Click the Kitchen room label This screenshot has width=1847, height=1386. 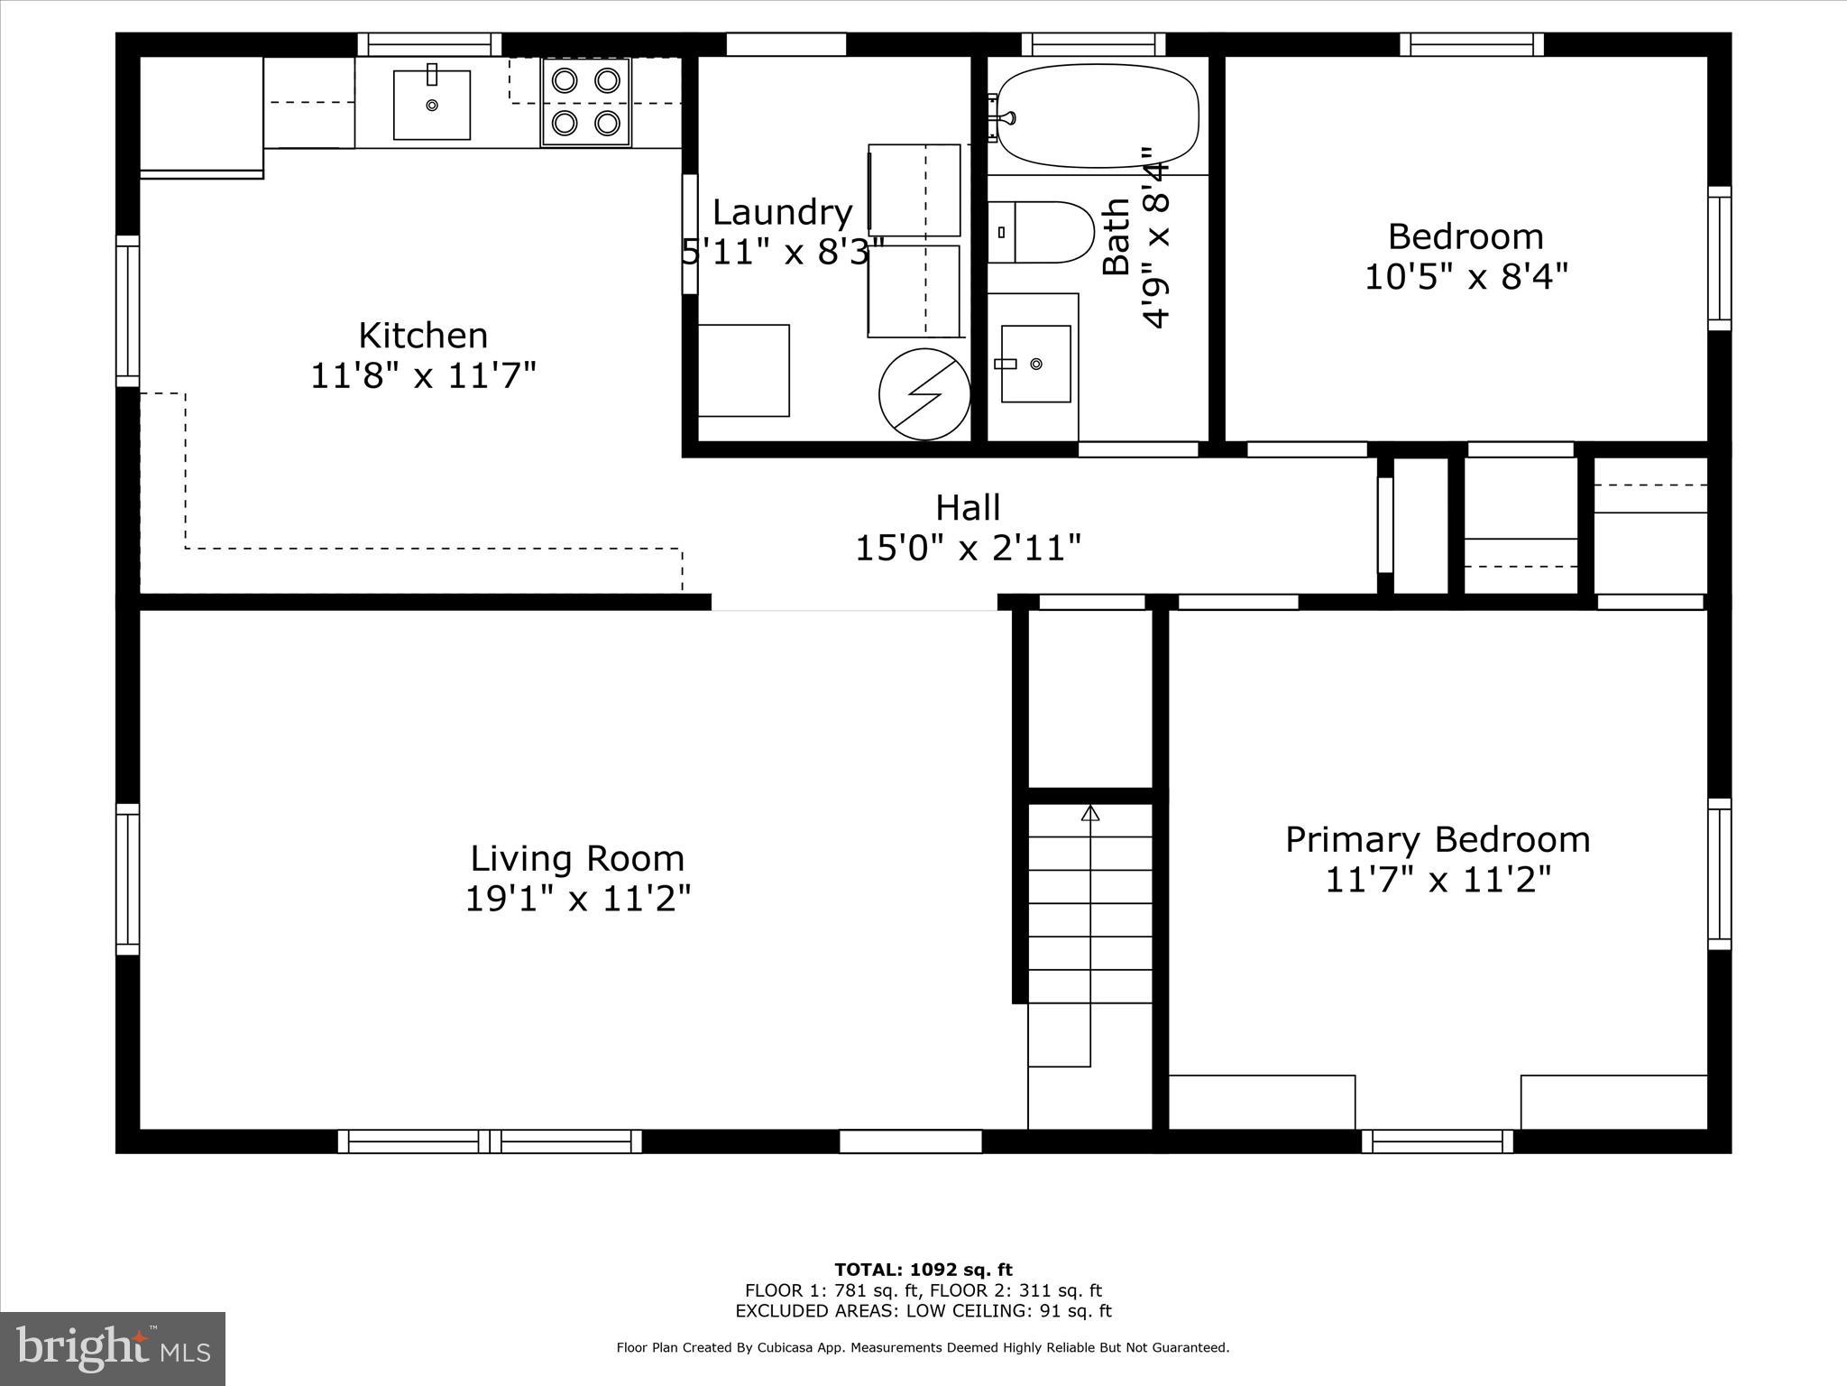click(423, 336)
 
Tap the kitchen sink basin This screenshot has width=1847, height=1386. click(432, 105)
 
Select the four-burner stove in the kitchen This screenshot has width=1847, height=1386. click(585, 102)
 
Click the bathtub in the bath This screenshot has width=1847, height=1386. click(1098, 115)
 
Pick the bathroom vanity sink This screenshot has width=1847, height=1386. click(1035, 364)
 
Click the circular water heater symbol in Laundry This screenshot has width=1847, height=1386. click(924, 394)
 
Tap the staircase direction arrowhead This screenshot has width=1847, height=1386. click(1090, 813)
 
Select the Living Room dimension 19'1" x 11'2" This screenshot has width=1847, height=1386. click(577, 899)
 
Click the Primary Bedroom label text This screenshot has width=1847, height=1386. click(1437, 839)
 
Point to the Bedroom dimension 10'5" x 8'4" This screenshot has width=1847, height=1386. click(1466, 276)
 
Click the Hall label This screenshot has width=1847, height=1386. click(968, 507)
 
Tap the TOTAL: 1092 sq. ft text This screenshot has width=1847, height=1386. click(923, 1270)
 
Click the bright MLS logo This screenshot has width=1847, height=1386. click(113, 1348)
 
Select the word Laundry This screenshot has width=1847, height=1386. click(782, 212)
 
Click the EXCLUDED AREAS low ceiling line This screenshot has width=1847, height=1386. click(923, 1311)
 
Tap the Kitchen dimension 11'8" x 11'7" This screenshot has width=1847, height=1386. click(423, 375)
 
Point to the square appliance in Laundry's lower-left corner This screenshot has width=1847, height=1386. click(744, 371)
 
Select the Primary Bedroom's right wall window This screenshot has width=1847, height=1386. click(1720, 873)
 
